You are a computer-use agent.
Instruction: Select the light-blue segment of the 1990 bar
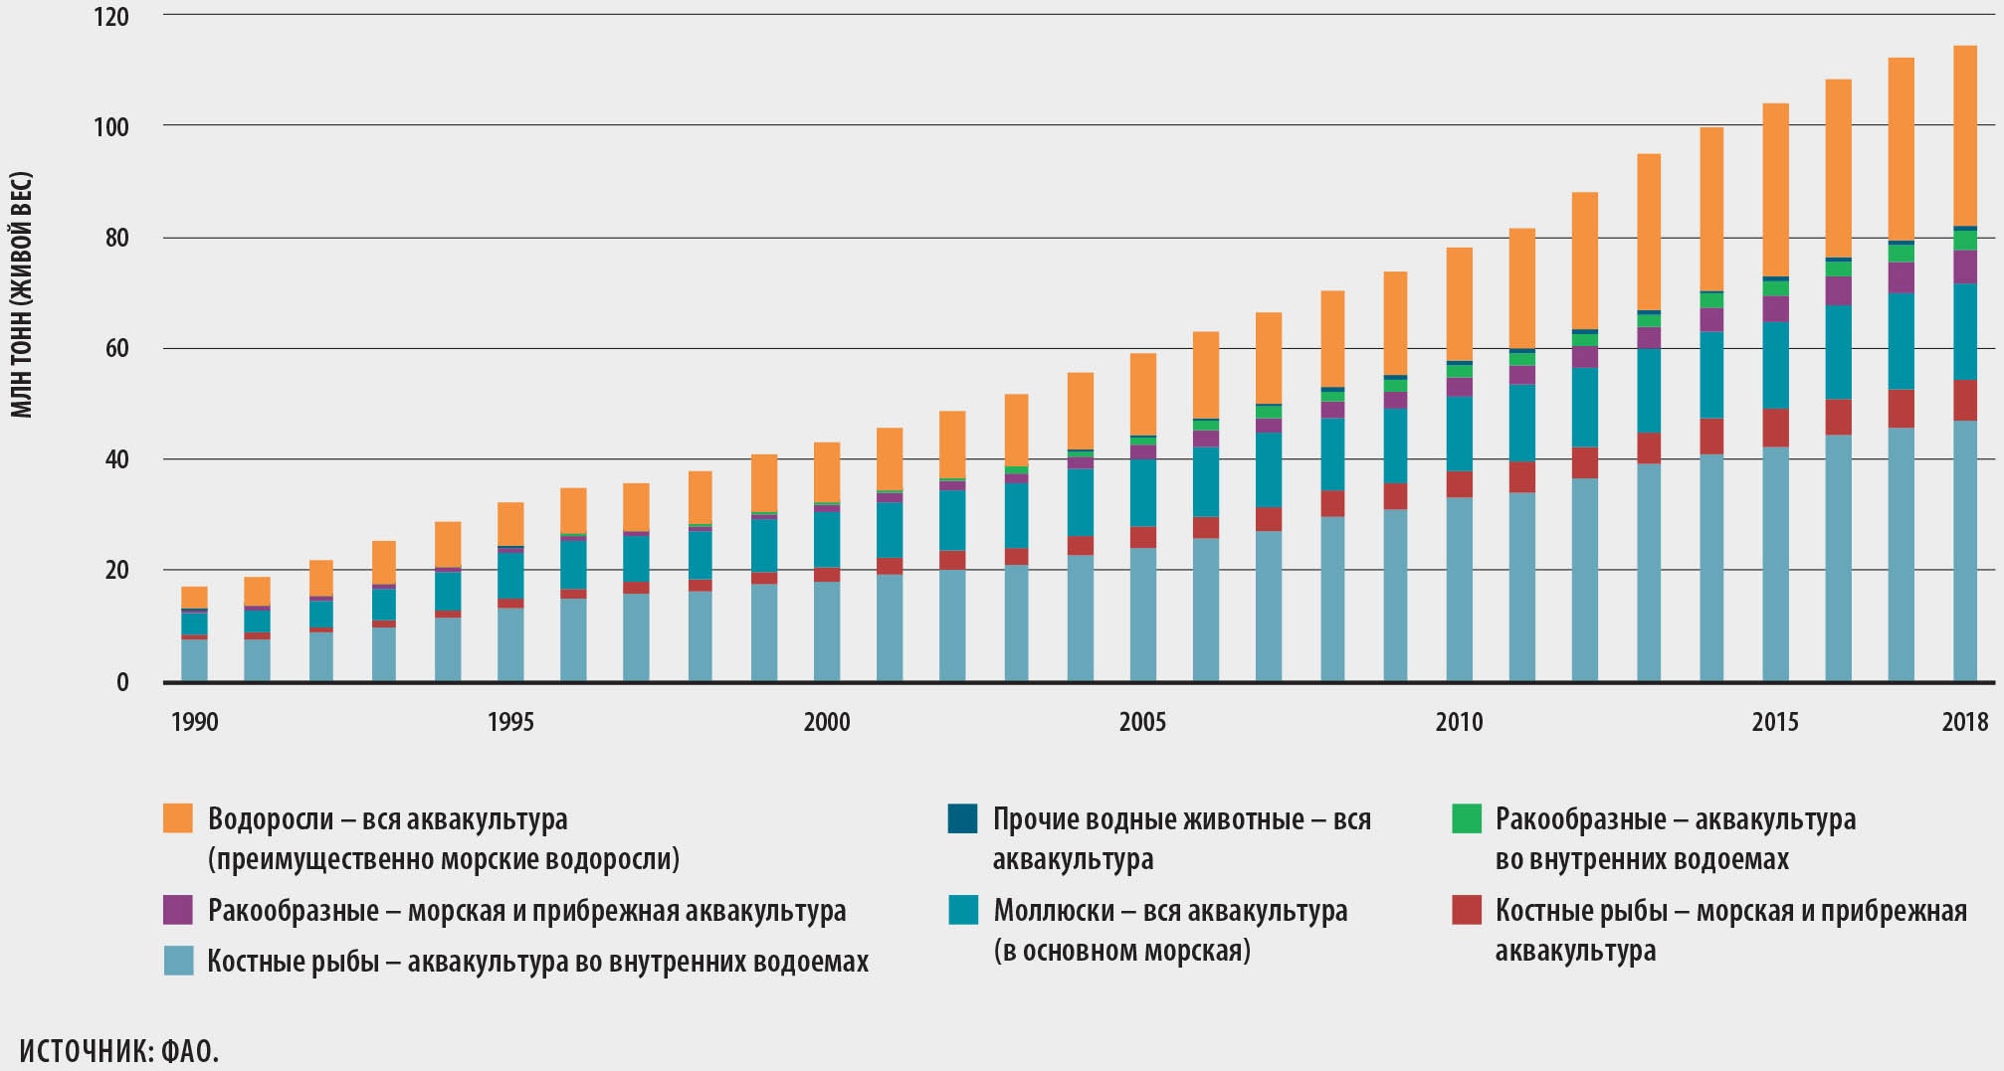[x=194, y=659]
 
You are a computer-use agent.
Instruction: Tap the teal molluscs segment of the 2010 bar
[x=1459, y=434]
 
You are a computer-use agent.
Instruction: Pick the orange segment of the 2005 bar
[x=1142, y=394]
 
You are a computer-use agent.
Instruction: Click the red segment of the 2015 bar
[x=1775, y=428]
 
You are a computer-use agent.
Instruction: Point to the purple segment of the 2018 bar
[x=1964, y=267]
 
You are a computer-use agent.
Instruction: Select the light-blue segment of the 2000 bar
[x=826, y=630]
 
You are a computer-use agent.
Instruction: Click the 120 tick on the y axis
[x=112, y=17]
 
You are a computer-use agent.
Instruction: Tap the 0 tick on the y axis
[x=122, y=682]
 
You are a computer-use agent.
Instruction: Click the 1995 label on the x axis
[x=509, y=722]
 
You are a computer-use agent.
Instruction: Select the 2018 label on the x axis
[x=1964, y=722]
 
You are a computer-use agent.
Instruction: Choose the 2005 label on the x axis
[x=1142, y=722]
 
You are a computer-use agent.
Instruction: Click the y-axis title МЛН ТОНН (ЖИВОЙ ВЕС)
[x=22, y=294]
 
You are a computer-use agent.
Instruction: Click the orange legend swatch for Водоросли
[x=178, y=818]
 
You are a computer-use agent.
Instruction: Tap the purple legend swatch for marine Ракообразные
[x=178, y=910]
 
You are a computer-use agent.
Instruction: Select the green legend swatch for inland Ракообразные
[x=1466, y=818]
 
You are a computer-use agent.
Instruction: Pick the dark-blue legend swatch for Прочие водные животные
[x=963, y=818]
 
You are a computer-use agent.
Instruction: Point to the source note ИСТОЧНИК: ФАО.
[x=118, y=1050]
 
